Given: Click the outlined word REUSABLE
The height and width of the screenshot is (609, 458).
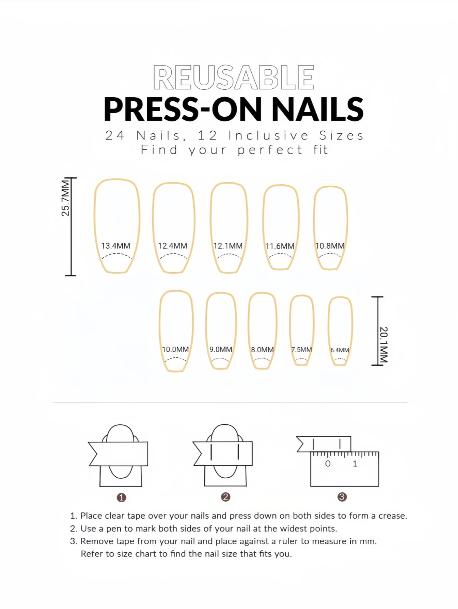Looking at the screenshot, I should [x=234, y=77].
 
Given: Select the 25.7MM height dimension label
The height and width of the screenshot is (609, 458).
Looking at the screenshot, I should [x=65, y=198].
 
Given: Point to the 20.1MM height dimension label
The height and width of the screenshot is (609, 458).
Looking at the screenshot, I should [x=383, y=345].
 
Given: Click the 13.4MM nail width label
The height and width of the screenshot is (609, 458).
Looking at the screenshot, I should [x=116, y=246].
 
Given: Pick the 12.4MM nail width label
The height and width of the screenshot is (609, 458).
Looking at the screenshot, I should [x=173, y=246].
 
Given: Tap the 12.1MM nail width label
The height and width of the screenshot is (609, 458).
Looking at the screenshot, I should [x=228, y=246].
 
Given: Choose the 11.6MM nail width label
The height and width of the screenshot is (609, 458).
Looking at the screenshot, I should [x=280, y=246].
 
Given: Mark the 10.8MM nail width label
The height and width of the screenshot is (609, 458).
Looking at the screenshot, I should [x=330, y=246].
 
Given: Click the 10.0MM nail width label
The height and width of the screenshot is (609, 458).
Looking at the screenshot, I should [x=175, y=349].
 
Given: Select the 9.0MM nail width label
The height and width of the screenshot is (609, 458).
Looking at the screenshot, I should [x=221, y=349].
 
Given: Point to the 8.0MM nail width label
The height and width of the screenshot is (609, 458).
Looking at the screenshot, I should [x=262, y=350].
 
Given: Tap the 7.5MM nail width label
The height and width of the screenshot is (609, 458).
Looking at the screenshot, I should [x=301, y=350].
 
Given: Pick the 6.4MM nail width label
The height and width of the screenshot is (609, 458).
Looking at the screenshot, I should [x=340, y=350].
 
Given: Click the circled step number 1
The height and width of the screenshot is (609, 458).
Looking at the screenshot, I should [x=121, y=497].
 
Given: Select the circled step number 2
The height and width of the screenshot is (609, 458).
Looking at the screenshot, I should [x=226, y=497].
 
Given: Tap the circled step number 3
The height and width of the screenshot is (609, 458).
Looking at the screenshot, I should [x=342, y=497].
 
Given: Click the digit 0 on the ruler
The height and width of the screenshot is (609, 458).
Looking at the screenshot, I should [x=328, y=464].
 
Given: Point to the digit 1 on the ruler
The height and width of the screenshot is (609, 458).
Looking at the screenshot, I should [x=355, y=464].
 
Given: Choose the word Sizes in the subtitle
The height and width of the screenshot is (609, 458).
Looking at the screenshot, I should [x=341, y=135].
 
